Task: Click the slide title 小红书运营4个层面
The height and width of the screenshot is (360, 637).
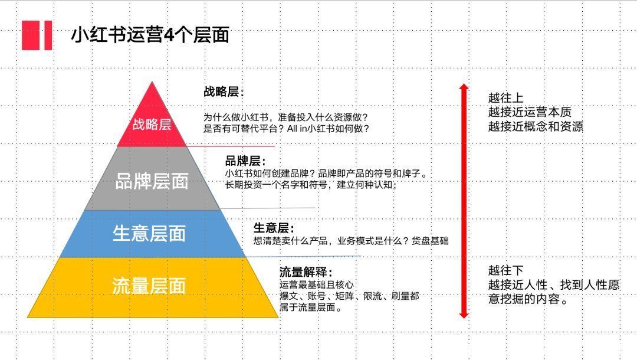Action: [150, 35]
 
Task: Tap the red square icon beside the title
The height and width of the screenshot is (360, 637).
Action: [37, 35]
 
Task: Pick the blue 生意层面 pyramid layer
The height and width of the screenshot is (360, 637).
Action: [152, 234]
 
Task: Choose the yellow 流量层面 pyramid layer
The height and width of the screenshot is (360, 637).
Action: [153, 287]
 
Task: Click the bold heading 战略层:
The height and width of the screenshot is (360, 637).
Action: [224, 92]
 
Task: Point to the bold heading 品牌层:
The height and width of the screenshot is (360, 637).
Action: [245, 161]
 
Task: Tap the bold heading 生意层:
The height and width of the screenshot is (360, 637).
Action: [274, 228]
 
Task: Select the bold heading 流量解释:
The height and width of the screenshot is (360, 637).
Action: [306, 272]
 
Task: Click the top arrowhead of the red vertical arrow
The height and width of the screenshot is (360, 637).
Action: [464, 87]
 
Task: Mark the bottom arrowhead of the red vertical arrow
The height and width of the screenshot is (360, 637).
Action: [464, 315]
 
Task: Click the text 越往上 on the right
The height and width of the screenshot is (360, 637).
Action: [506, 98]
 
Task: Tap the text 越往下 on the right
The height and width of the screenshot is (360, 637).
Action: [506, 270]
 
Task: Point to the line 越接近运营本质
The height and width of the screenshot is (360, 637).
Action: [530, 112]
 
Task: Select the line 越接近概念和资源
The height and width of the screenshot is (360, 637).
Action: [536, 126]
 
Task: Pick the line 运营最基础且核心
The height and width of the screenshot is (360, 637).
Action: [317, 285]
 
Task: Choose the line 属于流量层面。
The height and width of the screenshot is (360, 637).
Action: [311, 307]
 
